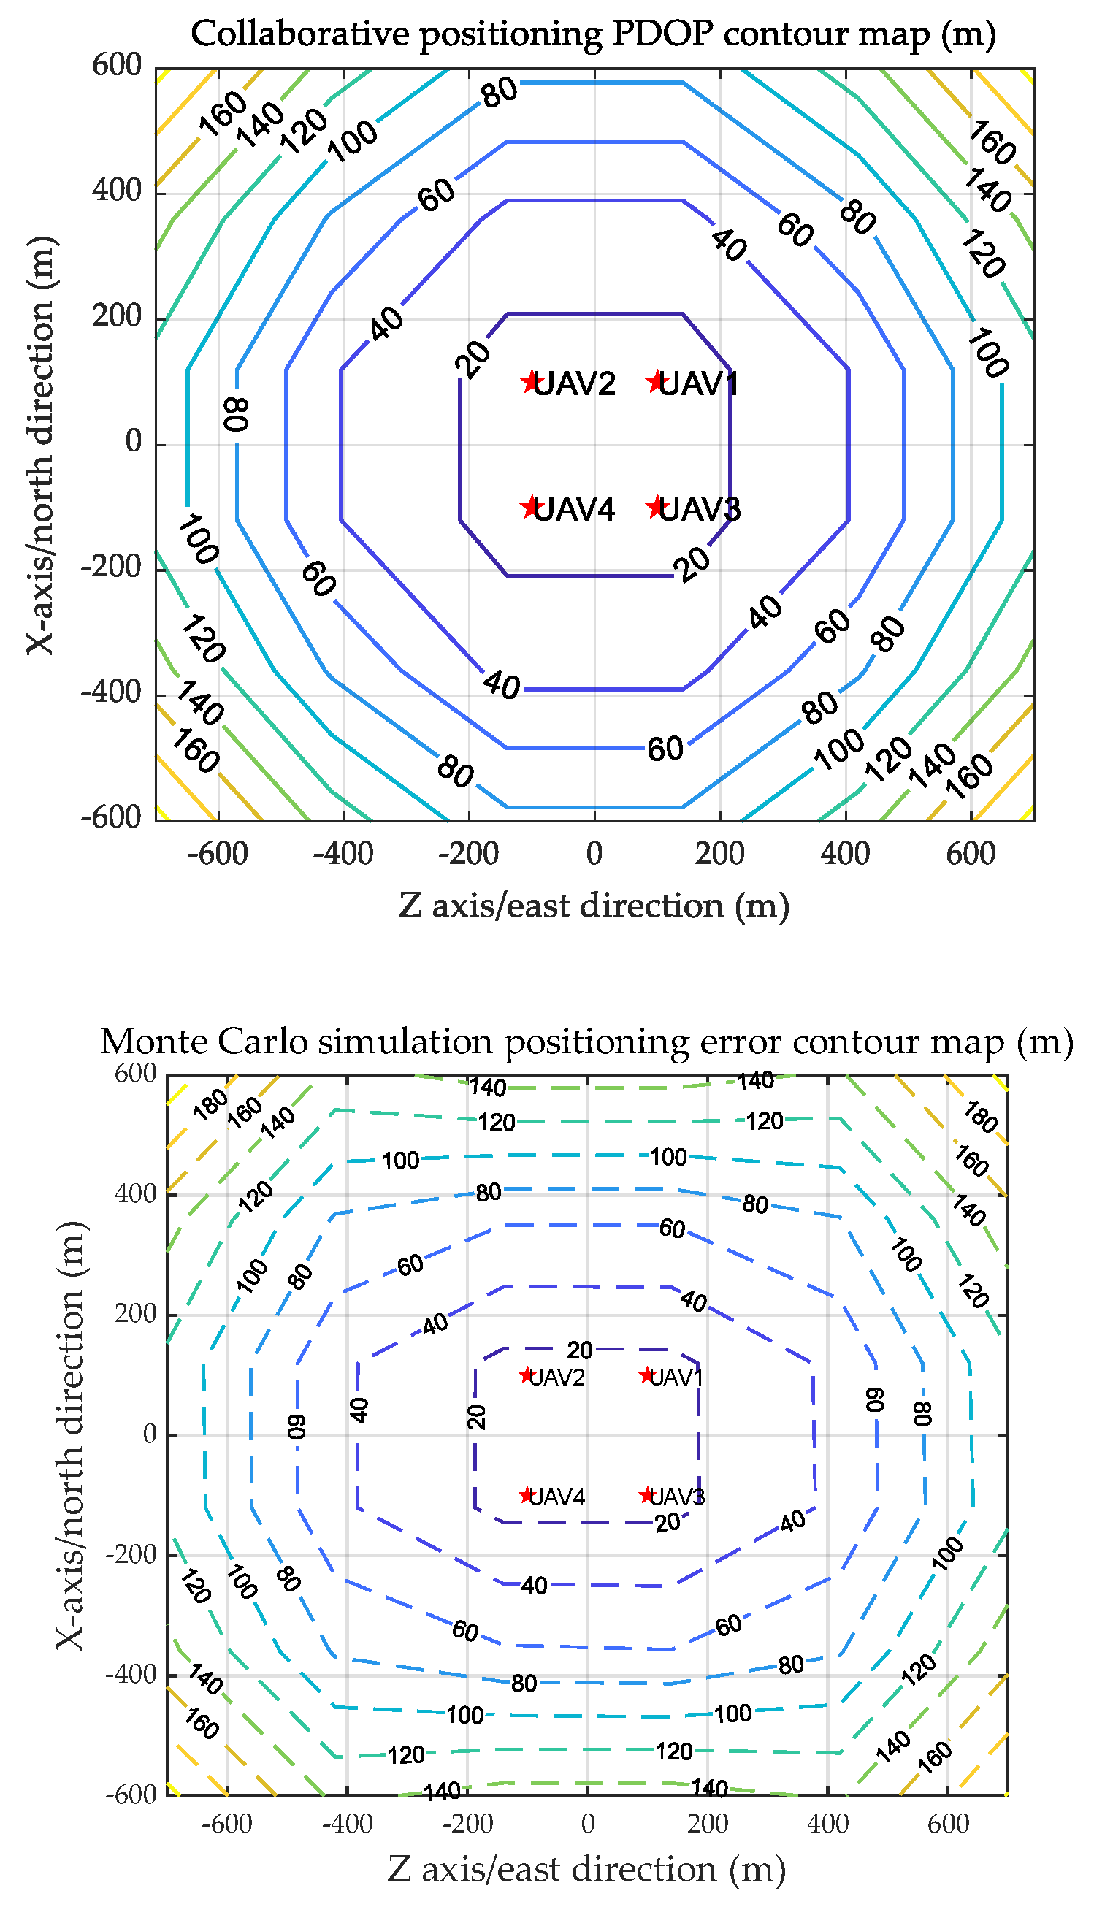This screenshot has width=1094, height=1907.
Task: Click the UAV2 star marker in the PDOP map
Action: point(531,381)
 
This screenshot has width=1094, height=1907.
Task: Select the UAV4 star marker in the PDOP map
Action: point(531,507)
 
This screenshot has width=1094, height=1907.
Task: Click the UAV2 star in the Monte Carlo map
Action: point(527,1375)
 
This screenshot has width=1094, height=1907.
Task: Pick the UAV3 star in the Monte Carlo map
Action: point(647,1495)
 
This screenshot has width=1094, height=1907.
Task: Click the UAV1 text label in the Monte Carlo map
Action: point(676,1377)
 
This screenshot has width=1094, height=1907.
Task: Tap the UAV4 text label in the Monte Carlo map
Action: point(556,1497)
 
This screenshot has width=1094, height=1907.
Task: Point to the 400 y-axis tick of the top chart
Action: point(117,191)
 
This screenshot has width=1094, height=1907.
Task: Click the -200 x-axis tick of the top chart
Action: point(469,854)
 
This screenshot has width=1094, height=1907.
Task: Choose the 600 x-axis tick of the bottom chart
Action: point(948,1824)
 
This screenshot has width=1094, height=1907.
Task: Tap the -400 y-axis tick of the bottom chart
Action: point(131,1675)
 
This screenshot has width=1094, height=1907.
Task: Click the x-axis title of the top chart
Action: point(594,906)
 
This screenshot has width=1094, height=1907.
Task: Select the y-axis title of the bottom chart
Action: point(69,1434)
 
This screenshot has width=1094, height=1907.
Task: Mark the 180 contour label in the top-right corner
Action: point(980,1117)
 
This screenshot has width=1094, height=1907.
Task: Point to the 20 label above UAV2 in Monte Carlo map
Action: point(580,1350)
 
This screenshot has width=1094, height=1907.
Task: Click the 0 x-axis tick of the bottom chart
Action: point(588,1824)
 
